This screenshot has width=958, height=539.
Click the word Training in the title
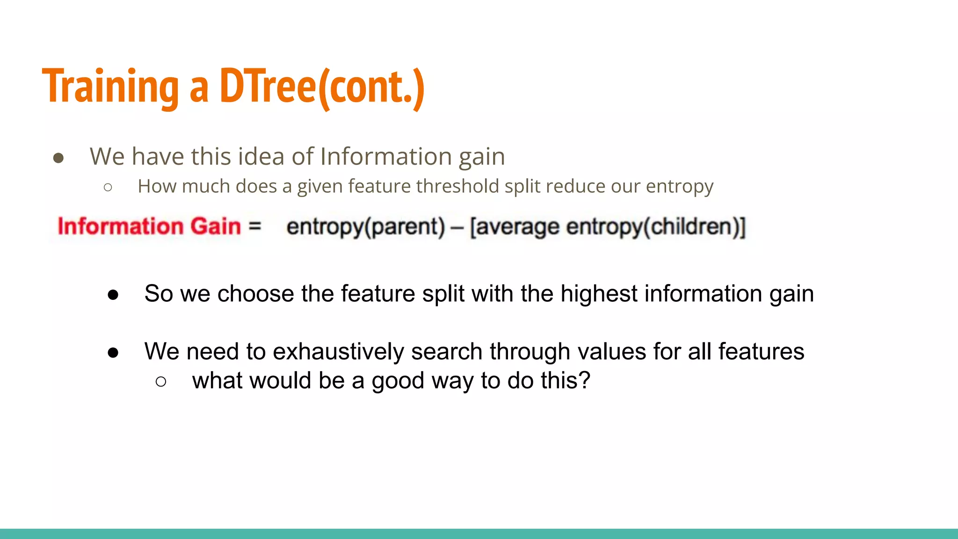click(x=110, y=87)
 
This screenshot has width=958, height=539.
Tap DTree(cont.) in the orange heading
click(x=322, y=87)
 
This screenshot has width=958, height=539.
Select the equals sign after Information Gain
click(x=254, y=226)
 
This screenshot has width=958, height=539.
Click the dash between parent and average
click(x=457, y=227)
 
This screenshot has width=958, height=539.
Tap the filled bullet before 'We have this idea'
click(x=58, y=158)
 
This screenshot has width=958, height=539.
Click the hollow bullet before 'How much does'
click(x=108, y=188)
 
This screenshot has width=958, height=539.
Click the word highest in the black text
click(x=599, y=294)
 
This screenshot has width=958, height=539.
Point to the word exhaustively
click(x=338, y=352)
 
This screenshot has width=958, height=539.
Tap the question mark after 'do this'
click(x=585, y=380)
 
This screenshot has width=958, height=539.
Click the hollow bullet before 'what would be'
click(x=160, y=382)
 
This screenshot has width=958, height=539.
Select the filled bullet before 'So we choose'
click(x=113, y=295)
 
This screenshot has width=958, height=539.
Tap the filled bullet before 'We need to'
click(x=113, y=353)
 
